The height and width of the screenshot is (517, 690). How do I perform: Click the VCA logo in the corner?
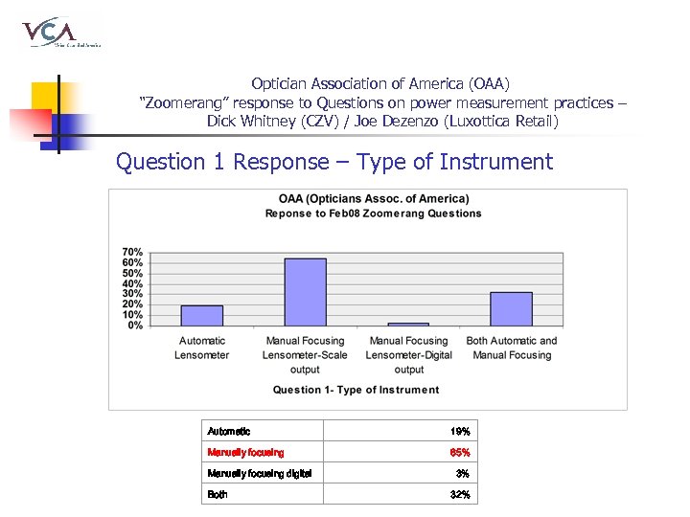(x=59, y=33)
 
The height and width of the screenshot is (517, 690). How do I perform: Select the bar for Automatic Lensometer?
(x=202, y=315)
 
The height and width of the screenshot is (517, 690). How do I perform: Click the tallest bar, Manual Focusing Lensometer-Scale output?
(x=305, y=292)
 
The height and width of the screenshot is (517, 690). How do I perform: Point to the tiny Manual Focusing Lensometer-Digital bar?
(x=408, y=324)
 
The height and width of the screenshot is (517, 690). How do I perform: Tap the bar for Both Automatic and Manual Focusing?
(x=511, y=308)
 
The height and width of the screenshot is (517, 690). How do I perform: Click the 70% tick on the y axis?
(x=132, y=252)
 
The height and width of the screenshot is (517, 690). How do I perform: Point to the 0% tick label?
(x=135, y=326)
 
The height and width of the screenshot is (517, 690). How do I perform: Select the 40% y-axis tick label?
(x=132, y=283)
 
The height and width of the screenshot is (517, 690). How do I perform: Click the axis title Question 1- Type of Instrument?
(x=356, y=390)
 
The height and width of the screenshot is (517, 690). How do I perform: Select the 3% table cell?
(x=462, y=474)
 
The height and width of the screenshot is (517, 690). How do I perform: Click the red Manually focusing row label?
(x=245, y=453)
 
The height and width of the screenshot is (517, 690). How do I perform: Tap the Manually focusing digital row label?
(x=259, y=474)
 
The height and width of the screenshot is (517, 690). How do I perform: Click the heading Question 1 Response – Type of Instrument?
(x=334, y=162)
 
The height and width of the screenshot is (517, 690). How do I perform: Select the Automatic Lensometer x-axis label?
(x=202, y=348)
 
